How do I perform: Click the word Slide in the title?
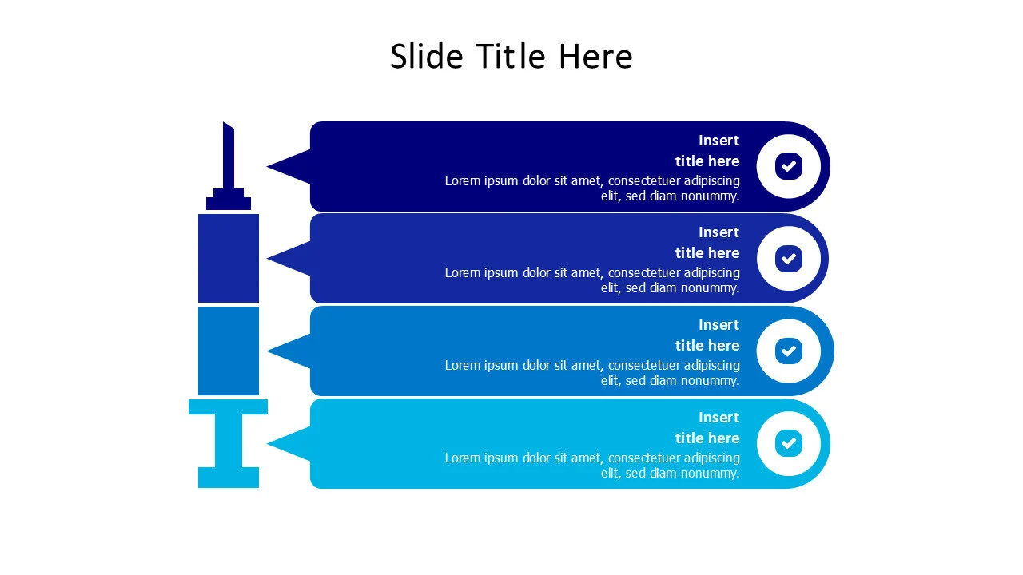pyautogui.click(x=427, y=56)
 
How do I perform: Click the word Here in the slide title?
pyautogui.click(x=595, y=56)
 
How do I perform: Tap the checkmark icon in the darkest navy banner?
pyautogui.click(x=788, y=166)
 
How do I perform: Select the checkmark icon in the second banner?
pyautogui.click(x=788, y=259)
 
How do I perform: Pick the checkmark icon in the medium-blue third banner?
pyautogui.click(x=788, y=351)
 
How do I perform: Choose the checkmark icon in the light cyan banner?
pyautogui.click(x=788, y=443)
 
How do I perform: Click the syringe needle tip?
pyautogui.click(x=223, y=122)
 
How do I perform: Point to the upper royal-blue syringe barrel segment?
pyautogui.click(x=229, y=258)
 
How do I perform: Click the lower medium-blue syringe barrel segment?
pyautogui.click(x=229, y=351)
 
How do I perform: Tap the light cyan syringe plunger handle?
pyautogui.click(x=229, y=443)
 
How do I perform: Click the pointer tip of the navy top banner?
pyautogui.click(x=268, y=166)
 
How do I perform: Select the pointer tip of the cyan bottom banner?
pyautogui.click(x=268, y=443)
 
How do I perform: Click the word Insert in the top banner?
pyautogui.click(x=718, y=141)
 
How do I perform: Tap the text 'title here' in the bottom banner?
pyautogui.click(x=707, y=438)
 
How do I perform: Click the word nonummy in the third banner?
pyautogui.click(x=715, y=381)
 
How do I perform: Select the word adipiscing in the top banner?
pyautogui.click(x=711, y=181)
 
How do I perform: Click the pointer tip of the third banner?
pyautogui.click(x=268, y=351)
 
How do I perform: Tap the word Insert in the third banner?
pyautogui.click(x=718, y=325)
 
